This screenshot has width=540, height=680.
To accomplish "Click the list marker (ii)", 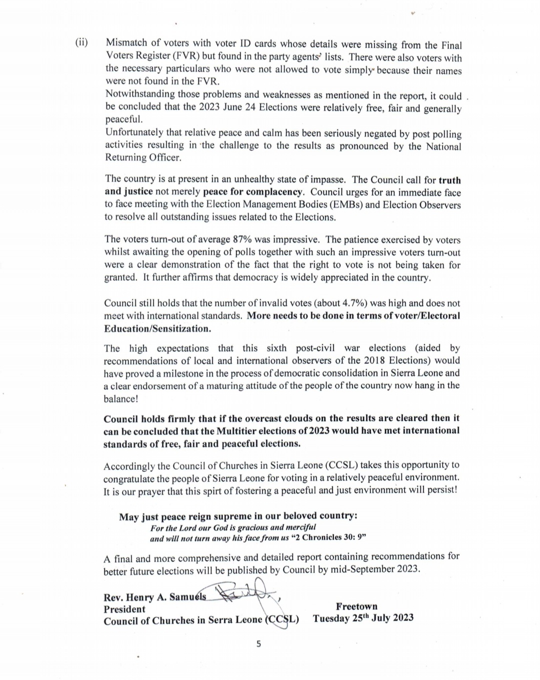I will coord(81,42).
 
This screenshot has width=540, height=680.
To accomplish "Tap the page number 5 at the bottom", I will coord(258,644).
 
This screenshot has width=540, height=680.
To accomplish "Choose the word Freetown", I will coord(356,606).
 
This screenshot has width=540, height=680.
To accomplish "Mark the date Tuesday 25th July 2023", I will coord(363,618).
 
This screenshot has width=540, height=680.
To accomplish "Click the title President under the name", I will coord(124,609).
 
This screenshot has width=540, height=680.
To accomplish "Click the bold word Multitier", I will coord(237,431).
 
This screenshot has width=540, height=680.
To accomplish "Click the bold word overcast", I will coord(257,418).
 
